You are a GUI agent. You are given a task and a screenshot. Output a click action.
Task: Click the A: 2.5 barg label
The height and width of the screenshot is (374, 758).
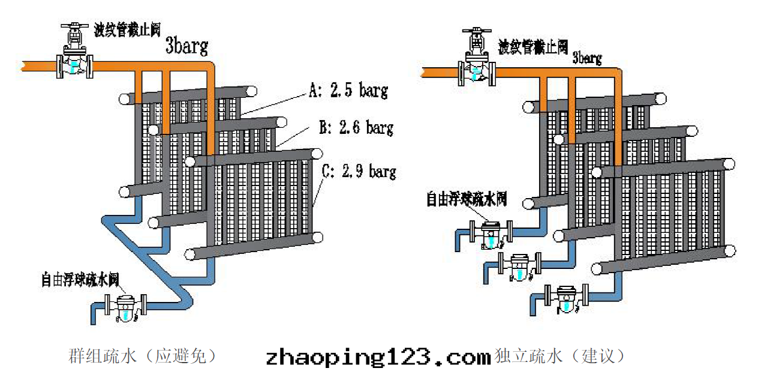coord(348,91)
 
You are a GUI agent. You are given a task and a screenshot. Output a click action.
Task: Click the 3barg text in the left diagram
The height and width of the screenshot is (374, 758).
coord(187,46)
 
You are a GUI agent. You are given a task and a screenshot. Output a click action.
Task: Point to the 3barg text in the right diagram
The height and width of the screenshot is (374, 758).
coord(587,58)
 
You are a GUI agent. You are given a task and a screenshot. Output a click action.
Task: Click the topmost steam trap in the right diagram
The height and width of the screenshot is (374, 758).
coord(492,235)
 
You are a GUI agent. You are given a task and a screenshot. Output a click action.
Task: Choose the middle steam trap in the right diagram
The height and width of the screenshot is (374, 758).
coord(519,266)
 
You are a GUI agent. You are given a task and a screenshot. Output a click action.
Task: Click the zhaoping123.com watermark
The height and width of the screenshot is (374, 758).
coord(378,357)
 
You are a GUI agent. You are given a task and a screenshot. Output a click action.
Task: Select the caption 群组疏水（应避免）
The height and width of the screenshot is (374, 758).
coord(142,357)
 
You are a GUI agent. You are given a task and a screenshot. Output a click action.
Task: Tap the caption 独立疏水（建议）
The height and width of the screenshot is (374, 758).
coord(560,357)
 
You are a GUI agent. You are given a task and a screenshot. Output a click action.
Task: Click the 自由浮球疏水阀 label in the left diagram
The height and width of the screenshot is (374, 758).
coord(80,279)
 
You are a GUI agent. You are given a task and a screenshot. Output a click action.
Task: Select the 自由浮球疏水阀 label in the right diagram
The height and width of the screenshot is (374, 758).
coord(467,199)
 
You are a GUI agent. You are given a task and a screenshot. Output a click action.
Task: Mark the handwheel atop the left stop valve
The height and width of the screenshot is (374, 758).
coord(74,27)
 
